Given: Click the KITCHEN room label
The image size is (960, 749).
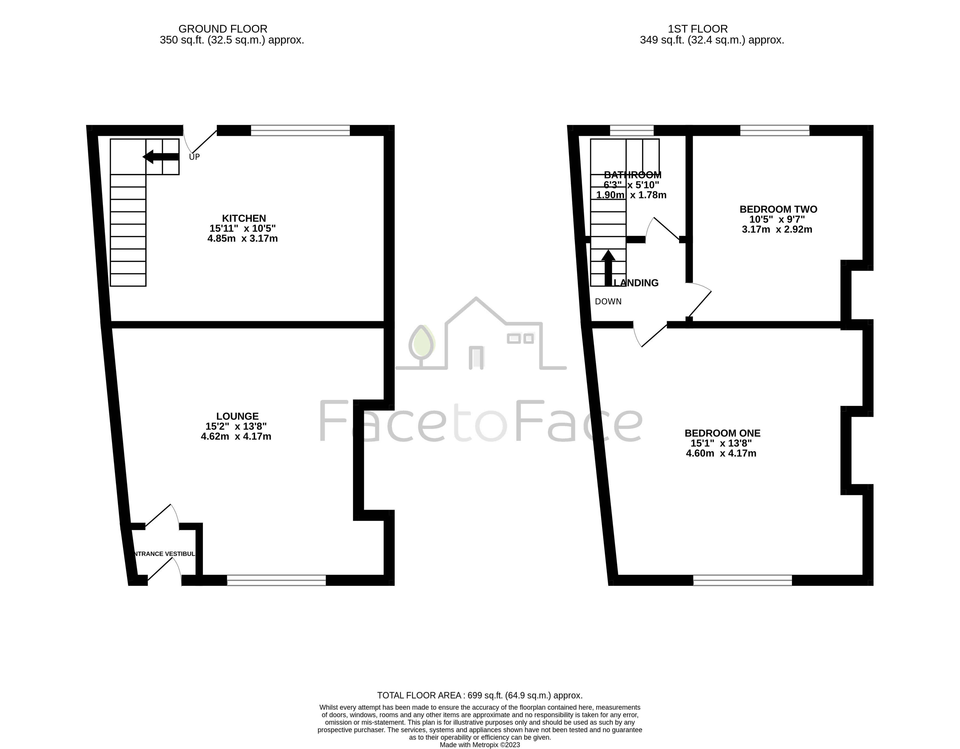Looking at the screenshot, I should [244, 219].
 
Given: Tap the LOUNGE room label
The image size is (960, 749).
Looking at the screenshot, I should [237, 416].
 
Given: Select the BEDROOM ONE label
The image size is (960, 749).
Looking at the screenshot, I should [722, 433].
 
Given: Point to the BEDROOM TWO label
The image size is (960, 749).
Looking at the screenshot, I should [778, 209].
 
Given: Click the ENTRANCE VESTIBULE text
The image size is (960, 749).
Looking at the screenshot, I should [163, 554].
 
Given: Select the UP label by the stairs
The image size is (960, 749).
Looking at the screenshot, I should [194, 157].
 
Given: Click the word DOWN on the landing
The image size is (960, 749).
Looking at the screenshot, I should [608, 302].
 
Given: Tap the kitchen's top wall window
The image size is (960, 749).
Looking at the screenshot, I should [300, 131].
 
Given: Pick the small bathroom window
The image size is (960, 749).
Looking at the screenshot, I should [632, 131].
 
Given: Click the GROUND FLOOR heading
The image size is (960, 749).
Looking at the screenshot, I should [223, 29].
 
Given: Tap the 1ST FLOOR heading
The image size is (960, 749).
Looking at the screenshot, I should [697, 29].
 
